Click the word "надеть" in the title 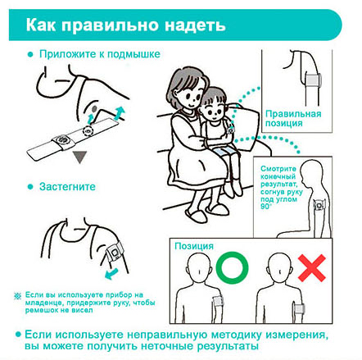tap(195, 25)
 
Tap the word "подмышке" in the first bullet tap(133, 54)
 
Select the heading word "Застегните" tap(67, 187)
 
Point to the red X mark tap(312, 268)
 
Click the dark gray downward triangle tap(79, 157)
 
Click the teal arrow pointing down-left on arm tap(111, 274)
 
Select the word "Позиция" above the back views tap(194, 246)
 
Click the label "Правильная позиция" tap(293, 118)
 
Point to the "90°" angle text tap(266, 207)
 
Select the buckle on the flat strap tap(63, 141)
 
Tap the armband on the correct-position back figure tap(218, 301)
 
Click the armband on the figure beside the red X tap(299, 309)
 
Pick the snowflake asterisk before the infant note tap(18, 295)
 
